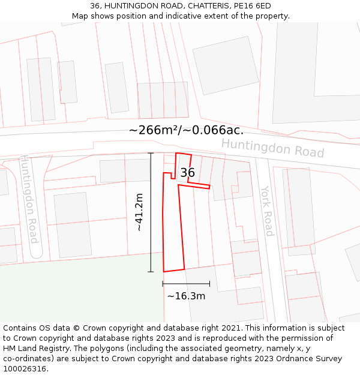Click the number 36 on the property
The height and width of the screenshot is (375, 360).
[x=187, y=173]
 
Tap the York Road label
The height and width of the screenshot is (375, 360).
[x=267, y=211]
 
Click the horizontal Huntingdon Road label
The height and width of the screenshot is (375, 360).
[x=272, y=148]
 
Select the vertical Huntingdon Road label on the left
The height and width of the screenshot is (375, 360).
[x=29, y=199]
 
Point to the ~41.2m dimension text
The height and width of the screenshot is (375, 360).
[x=139, y=212]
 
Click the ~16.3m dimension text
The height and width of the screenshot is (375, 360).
[x=186, y=296]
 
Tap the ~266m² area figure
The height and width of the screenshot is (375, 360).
[x=154, y=130]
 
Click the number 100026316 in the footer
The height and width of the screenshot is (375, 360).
[x=26, y=368]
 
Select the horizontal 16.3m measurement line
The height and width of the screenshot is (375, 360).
[x=186, y=284]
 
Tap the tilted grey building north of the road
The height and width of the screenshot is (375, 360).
[x=226, y=65]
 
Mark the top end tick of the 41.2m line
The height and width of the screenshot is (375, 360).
[x=151, y=154]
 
